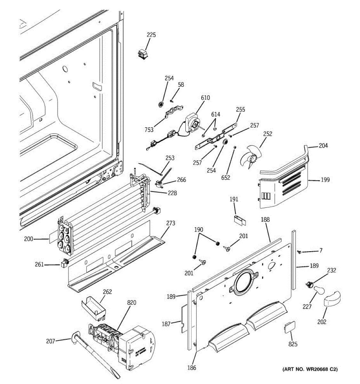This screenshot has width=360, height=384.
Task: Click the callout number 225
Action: [151, 35]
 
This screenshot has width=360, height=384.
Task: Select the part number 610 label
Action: [205, 98]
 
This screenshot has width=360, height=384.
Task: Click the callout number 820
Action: [131, 303]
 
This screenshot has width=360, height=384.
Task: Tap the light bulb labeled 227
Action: [318, 290]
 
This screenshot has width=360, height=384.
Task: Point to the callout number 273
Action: [171, 223]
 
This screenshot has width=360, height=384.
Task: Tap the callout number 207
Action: [51, 341]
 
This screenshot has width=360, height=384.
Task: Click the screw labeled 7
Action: [300, 252]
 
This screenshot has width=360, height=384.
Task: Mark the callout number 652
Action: [226, 178]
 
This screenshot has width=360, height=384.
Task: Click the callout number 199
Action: [325, 180]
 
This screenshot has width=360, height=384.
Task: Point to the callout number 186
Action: [192, 368]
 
